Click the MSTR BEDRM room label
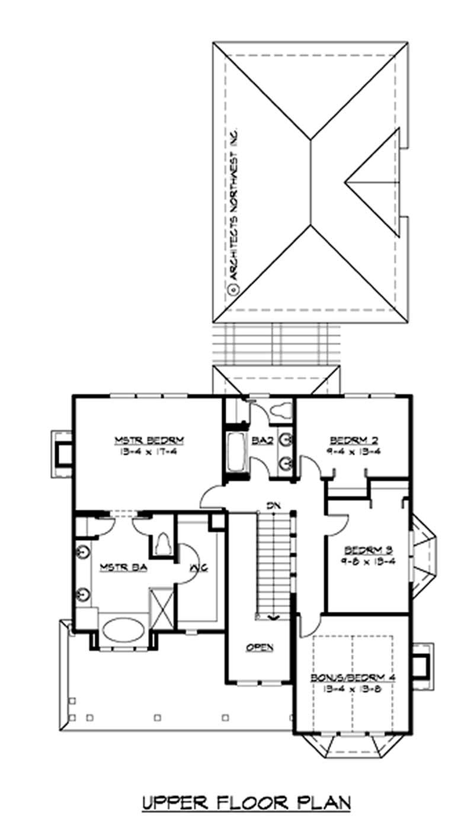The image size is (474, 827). (x=150, y=440)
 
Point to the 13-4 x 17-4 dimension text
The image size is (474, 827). (x=150, y=451)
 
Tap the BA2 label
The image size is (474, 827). (x=259, y=440)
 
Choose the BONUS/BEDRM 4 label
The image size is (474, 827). (x=353, y=677)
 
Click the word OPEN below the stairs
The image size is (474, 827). (x=260, y=647)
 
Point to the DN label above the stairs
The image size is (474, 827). (x=273, y=505)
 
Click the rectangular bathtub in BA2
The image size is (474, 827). (x=235, y=451)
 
